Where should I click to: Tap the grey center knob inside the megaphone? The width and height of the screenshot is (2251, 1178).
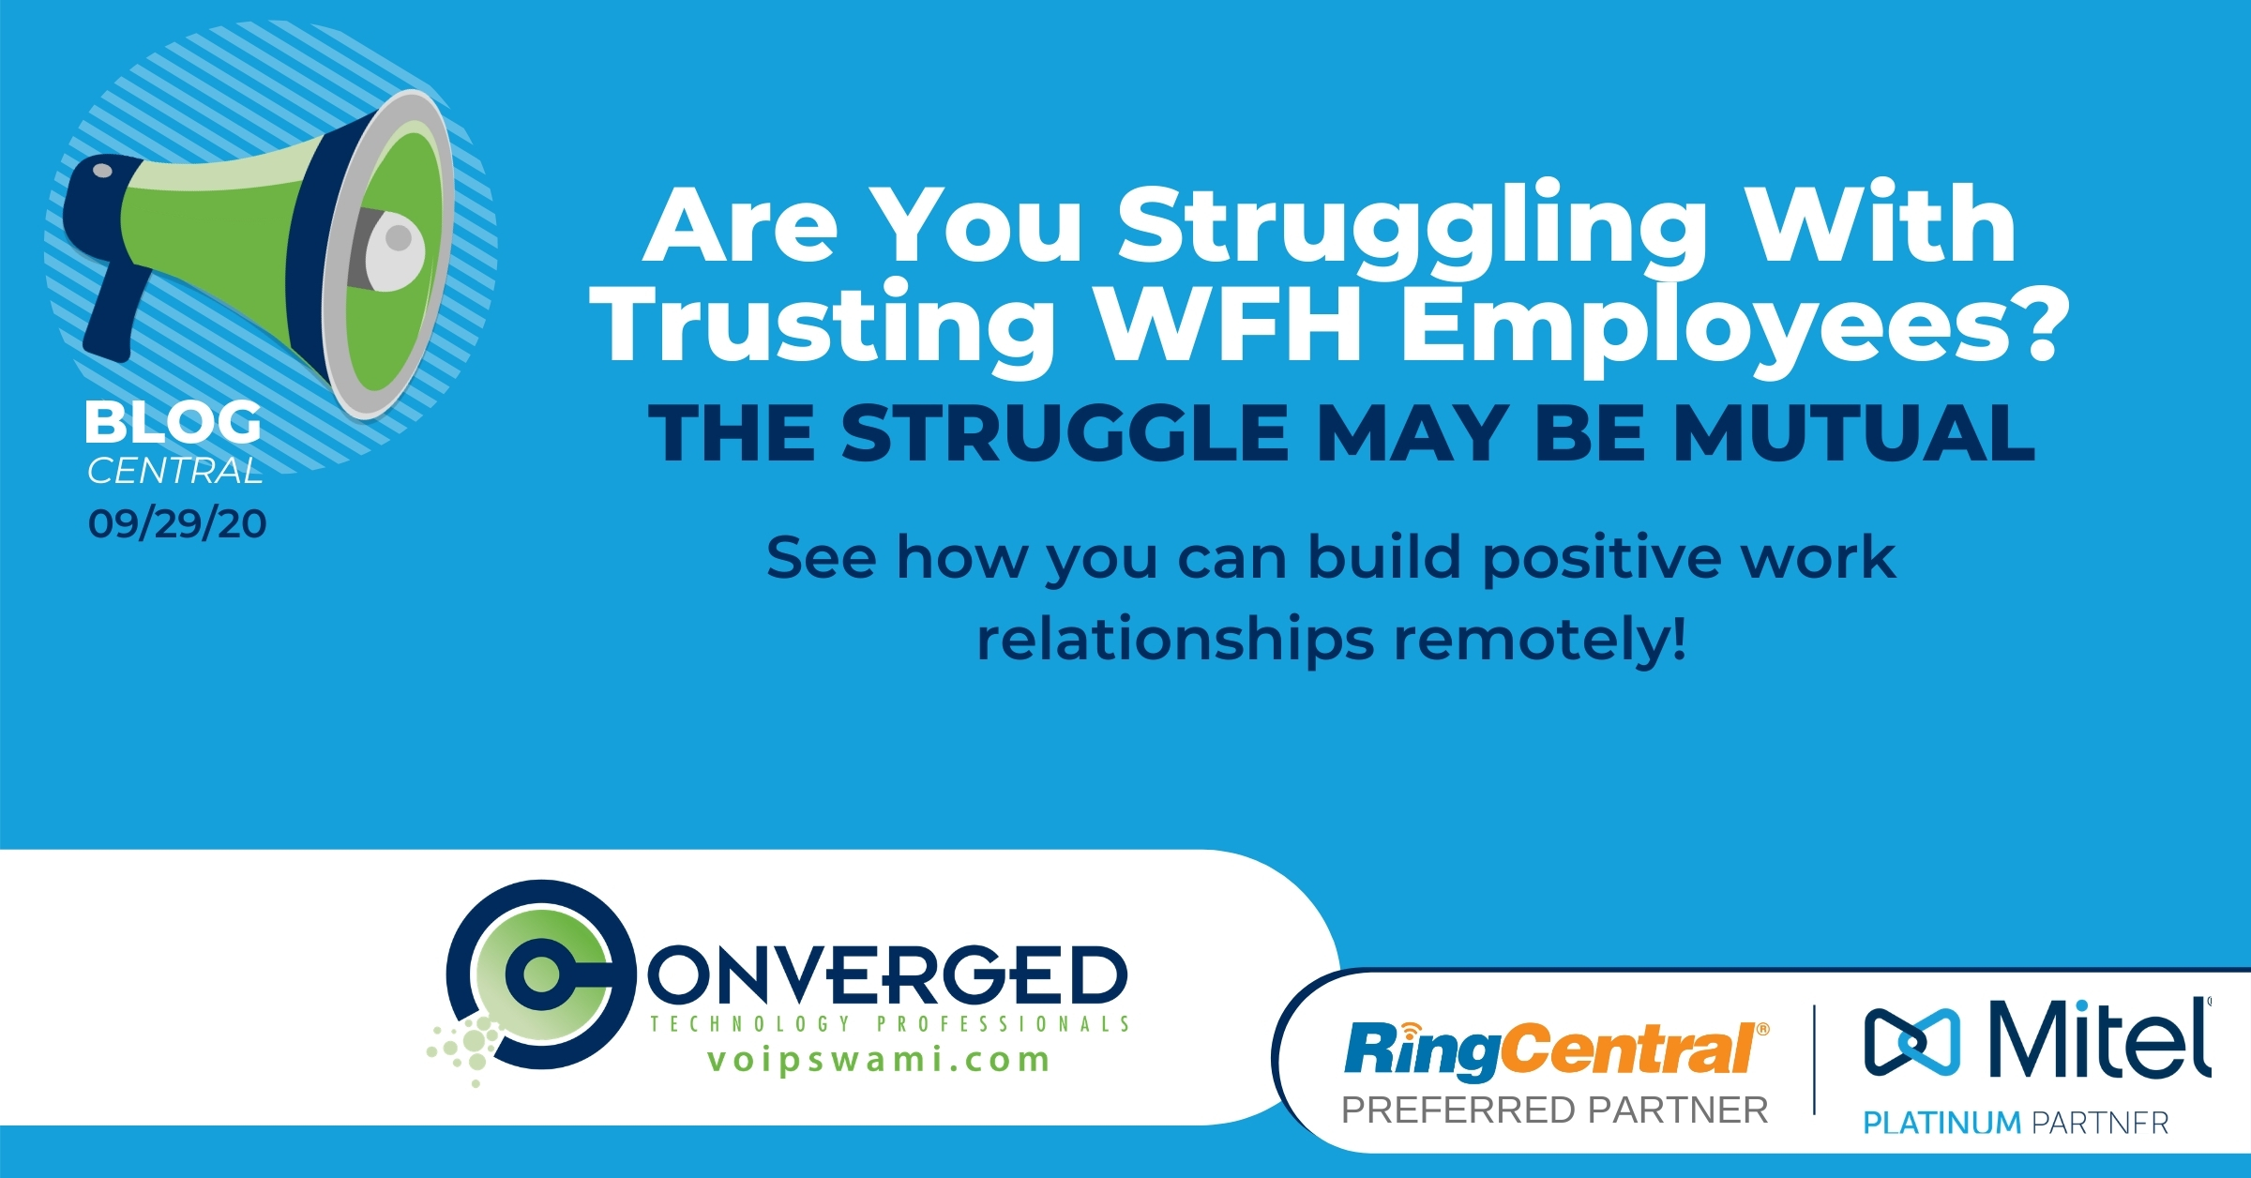pos(393,250)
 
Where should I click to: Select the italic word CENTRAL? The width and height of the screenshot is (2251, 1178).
pos(174,471)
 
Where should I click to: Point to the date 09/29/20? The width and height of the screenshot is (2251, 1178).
pos(177,523)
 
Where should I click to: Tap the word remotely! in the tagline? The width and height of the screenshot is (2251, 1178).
pos(1539,640)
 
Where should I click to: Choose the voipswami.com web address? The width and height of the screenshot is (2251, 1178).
pos(878,1060)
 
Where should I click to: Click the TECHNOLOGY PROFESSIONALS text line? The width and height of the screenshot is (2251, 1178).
pos(890,1023)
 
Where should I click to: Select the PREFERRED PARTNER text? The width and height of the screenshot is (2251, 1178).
pos(1555,1110)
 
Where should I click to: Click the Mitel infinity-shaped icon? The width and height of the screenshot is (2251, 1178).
pos(1911,1041)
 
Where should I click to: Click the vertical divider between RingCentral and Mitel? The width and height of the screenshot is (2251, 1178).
pos(1814,1060)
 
